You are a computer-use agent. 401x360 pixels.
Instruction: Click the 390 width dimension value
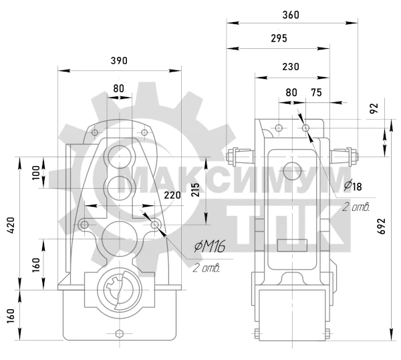119,61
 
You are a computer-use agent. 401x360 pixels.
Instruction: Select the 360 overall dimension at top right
291,15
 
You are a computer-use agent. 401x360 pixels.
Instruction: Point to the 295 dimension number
279,38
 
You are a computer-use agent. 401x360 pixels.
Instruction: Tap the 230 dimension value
291,67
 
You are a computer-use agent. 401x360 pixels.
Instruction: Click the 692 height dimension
382,226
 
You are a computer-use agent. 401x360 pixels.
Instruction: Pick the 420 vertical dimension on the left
11,226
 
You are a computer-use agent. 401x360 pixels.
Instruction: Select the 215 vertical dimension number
196,190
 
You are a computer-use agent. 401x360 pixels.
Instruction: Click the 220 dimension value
172,195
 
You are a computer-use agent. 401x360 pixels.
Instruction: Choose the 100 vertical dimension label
36,173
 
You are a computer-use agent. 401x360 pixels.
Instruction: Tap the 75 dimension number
316,92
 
